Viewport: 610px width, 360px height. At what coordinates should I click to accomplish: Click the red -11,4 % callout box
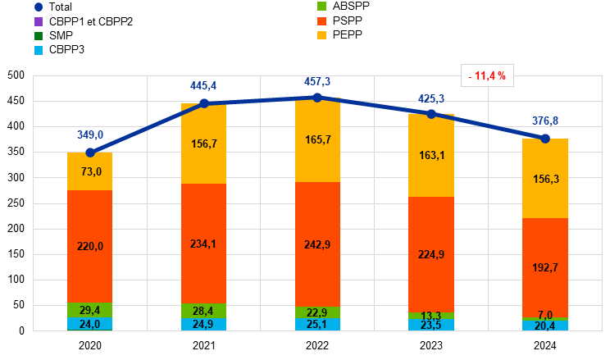click(x=487, y=75)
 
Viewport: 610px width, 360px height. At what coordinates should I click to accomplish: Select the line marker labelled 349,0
click(x=90, y=152)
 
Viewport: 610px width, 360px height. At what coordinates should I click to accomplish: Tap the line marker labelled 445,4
click(x=204, y=103)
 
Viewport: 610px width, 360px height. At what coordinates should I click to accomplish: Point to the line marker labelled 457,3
click(x=317, y=97)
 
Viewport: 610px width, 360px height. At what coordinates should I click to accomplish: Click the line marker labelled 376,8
click(x=545, y=139)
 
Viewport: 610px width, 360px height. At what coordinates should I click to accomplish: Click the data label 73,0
click(x=90, y=171)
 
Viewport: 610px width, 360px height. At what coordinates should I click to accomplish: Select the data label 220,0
click(x=90, y=246)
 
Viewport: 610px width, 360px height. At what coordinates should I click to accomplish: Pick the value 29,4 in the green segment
click(x=90, y=310)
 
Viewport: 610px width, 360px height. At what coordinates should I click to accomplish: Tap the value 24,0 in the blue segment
click(x=90, y=324)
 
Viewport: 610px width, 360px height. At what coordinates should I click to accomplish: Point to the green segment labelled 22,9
click(x=317, y=312)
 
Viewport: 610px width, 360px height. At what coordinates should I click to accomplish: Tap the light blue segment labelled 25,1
click(x=317, y=324)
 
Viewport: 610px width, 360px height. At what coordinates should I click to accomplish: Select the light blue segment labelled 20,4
click(x=545, y=326)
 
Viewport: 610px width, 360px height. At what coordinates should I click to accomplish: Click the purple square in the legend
click(x=39, y=21)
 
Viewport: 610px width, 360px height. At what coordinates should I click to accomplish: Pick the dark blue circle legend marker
click(x=39, y=7)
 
